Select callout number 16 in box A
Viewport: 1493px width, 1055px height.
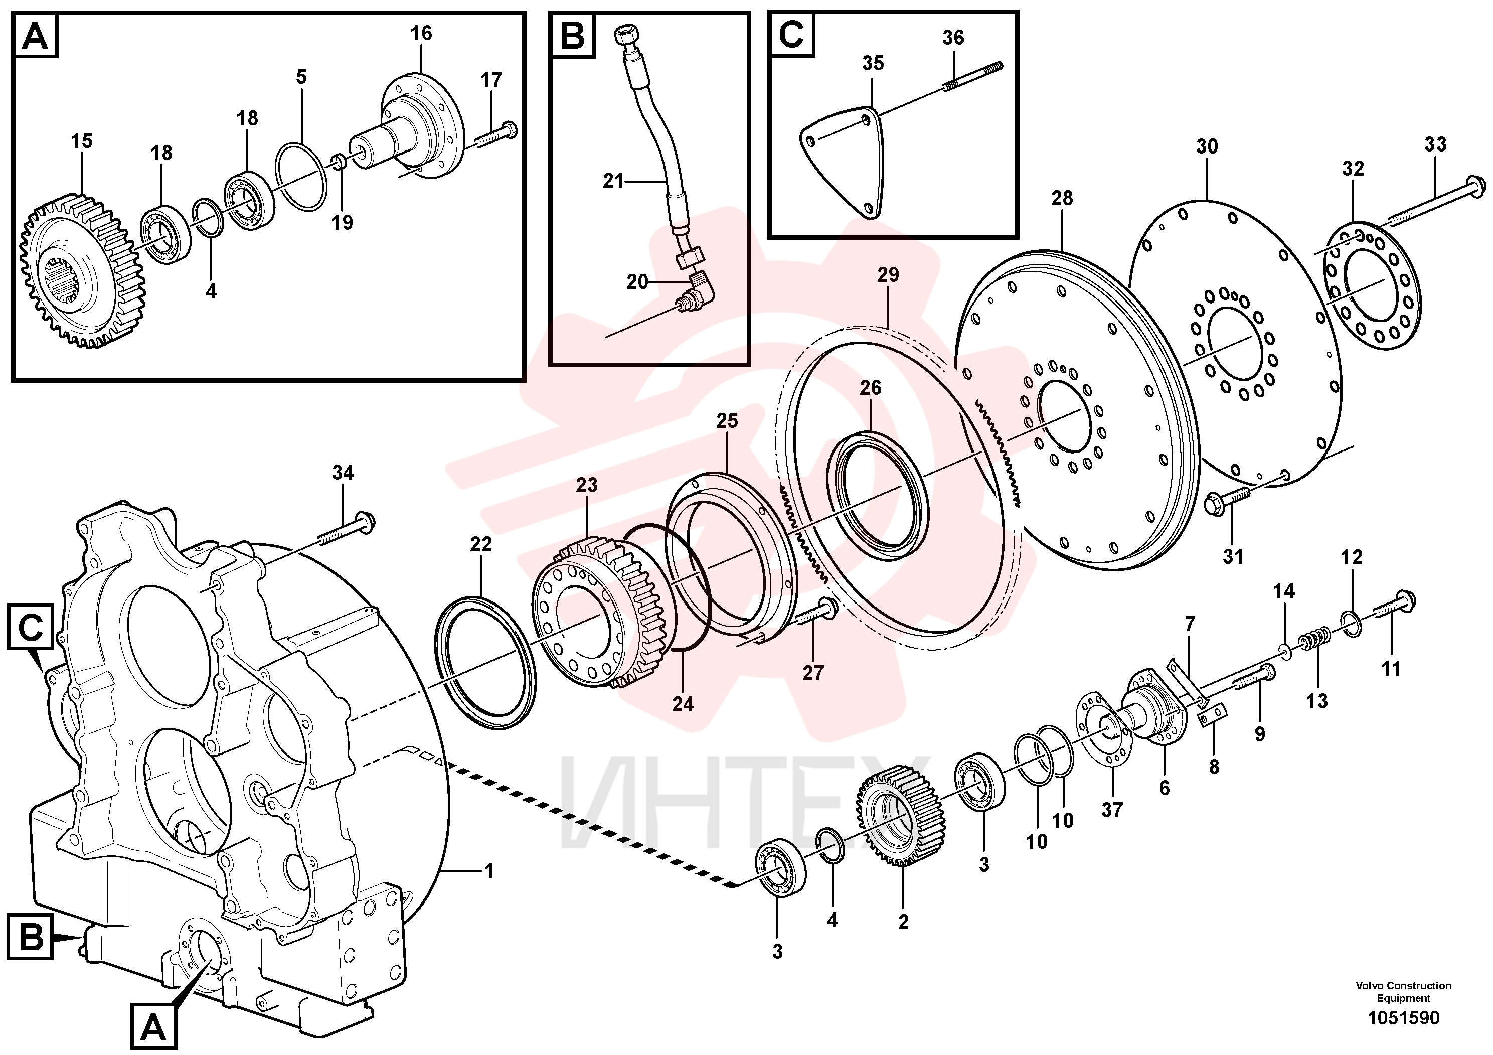[x=421, y=33]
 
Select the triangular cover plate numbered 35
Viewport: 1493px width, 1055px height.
[x=842, y=163]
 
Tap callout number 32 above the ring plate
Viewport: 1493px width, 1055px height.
[x=1353, y=169]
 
